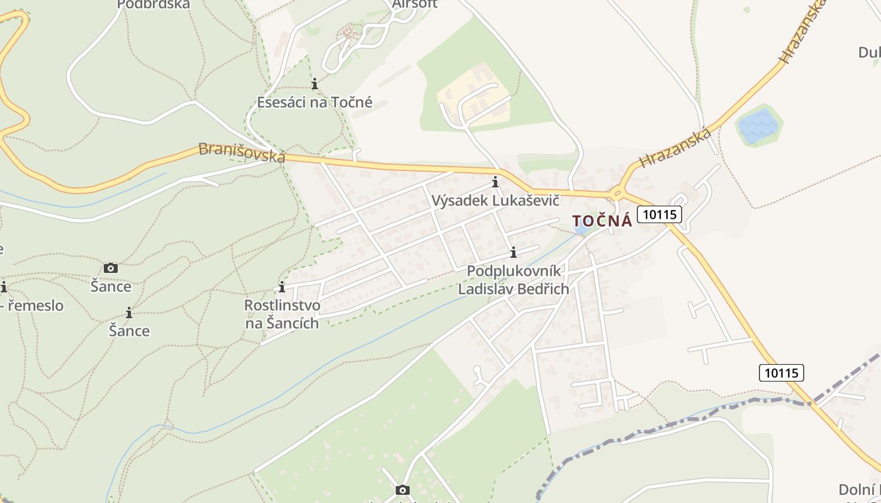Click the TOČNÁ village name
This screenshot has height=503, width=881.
pos(602,221)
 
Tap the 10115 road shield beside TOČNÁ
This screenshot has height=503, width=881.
pos(659,214)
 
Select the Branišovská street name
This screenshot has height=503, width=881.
pos(242,152)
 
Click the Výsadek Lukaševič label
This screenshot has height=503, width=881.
pos(495,201)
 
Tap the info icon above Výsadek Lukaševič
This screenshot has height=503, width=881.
pos(495,182)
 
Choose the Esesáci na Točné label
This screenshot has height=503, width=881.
pos(315,102)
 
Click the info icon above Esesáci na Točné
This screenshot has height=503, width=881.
pos(315,83)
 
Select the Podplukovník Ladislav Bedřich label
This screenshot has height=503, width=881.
pos(513,280)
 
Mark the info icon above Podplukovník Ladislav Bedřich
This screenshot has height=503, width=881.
pos(513,252)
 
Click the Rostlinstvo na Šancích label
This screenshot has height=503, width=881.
pos(282,314)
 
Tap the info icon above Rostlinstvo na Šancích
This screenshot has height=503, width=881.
pos(282,287)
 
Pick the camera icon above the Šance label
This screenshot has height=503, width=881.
pos(111,268)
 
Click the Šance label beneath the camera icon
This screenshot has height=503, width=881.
pos(111,287)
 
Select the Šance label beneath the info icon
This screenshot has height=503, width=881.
pos(129,331)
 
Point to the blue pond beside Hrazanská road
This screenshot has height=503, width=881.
pos(759,126)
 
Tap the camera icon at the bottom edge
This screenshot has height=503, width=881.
pos(403,490)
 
